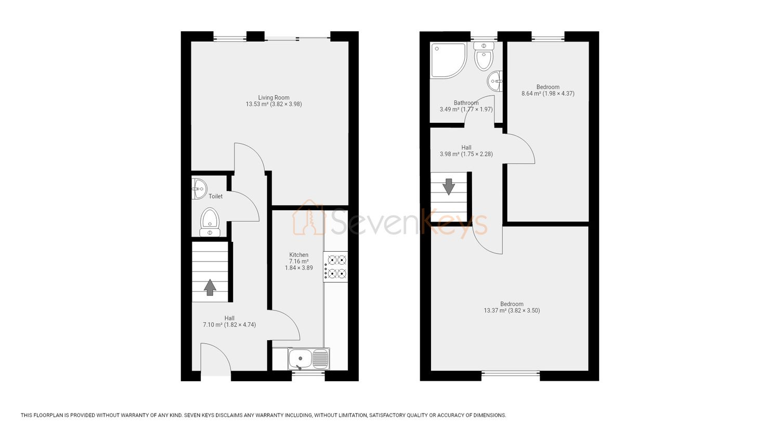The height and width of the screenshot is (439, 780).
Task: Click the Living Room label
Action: (274, 98)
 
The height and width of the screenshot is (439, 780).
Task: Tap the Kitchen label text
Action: (299, 255)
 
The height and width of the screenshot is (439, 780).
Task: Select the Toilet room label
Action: (216, 196)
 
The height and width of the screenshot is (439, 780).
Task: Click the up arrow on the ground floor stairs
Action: (210, 288)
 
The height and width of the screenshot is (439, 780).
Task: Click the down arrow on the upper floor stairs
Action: (449, 187)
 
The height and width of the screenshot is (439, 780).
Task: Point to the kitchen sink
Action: (309, 359)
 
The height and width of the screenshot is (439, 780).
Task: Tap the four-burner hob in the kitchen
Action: (335, 267)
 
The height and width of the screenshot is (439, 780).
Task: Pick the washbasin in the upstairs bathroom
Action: (495, 81)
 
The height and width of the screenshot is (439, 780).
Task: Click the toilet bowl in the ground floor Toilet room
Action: (210, 222)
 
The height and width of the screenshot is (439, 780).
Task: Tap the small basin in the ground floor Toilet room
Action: (199, 188)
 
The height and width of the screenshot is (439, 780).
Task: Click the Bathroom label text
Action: (466, 103)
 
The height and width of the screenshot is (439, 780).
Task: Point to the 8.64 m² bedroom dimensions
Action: (548, 94)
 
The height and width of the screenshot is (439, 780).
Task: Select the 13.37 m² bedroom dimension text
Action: (512, 311)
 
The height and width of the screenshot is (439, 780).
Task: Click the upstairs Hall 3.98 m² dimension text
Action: (466, 154)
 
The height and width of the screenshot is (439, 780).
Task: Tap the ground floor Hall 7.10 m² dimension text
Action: (229, 325)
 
